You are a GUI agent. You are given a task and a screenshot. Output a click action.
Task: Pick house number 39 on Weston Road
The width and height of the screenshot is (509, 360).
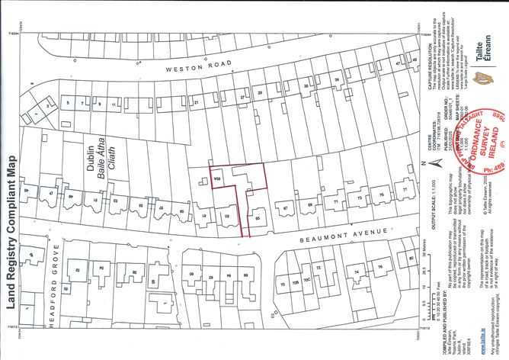(x=336, y=79)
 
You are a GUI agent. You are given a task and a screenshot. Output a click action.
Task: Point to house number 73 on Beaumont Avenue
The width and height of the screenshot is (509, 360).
(x=356, y=201)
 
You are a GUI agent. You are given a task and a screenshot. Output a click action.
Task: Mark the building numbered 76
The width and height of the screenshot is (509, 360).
(x=379, y=267)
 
